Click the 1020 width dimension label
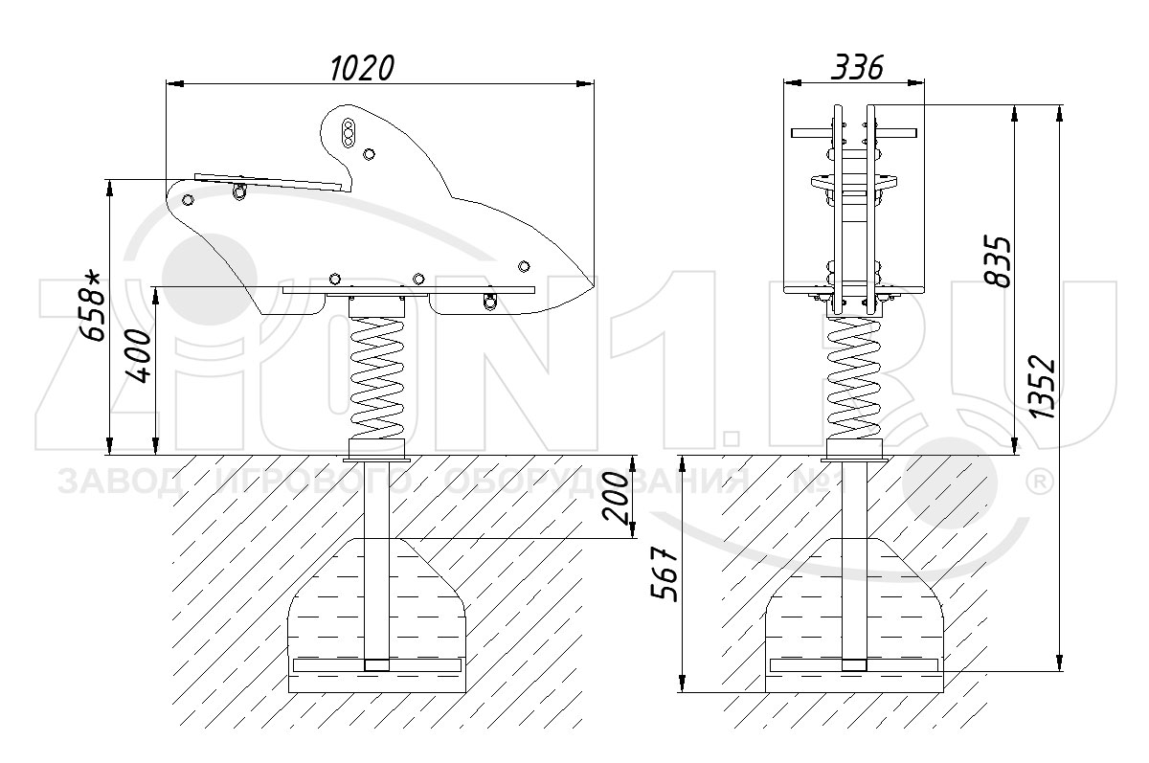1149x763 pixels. click(362, 68)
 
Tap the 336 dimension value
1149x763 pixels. click(857, 67)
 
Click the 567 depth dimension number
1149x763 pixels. click(665, 574)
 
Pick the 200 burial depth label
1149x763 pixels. click(616, 498)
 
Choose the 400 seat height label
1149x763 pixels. click(139, 356)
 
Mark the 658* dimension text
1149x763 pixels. click(91, 306)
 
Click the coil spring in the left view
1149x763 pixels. click(376, 378)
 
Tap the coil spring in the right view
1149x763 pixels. click(854, 378)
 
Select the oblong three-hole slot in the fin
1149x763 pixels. click(349, 133)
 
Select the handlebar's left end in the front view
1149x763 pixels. click(794, 133)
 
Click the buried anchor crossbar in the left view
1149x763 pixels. click(376, 665)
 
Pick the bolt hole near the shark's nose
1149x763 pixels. click(524, 266)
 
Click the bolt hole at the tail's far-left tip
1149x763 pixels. click(189, 200)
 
